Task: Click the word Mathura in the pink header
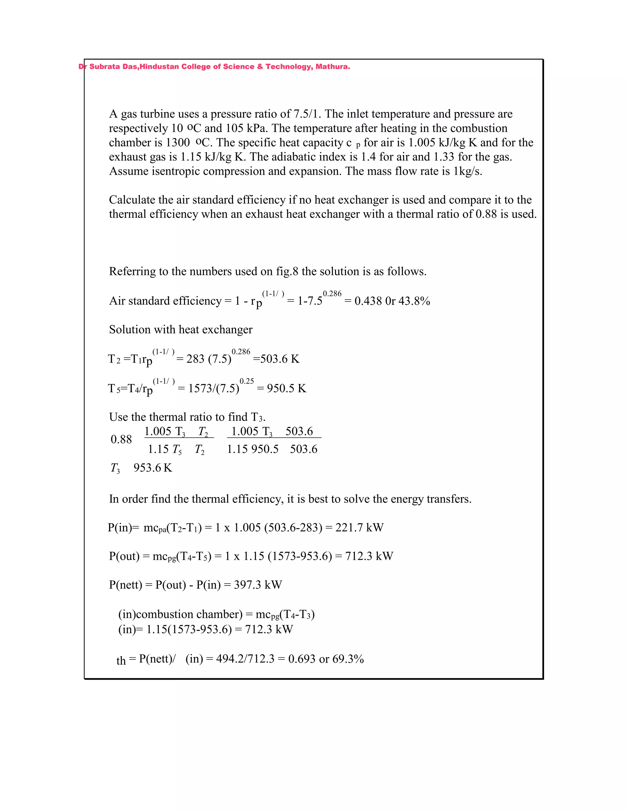click(332, 67)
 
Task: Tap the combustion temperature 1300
click(178, 143)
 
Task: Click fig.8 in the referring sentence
click(287, 272)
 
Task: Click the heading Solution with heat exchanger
click(181, 330)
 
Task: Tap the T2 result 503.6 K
click(279, 359)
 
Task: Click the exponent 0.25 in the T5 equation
click(247, 381)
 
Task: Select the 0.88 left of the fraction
click(121, 440)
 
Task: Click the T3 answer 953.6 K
click(153, 468)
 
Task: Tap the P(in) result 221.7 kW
click(359, 528)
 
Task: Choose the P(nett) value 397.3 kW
click(258, 585)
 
